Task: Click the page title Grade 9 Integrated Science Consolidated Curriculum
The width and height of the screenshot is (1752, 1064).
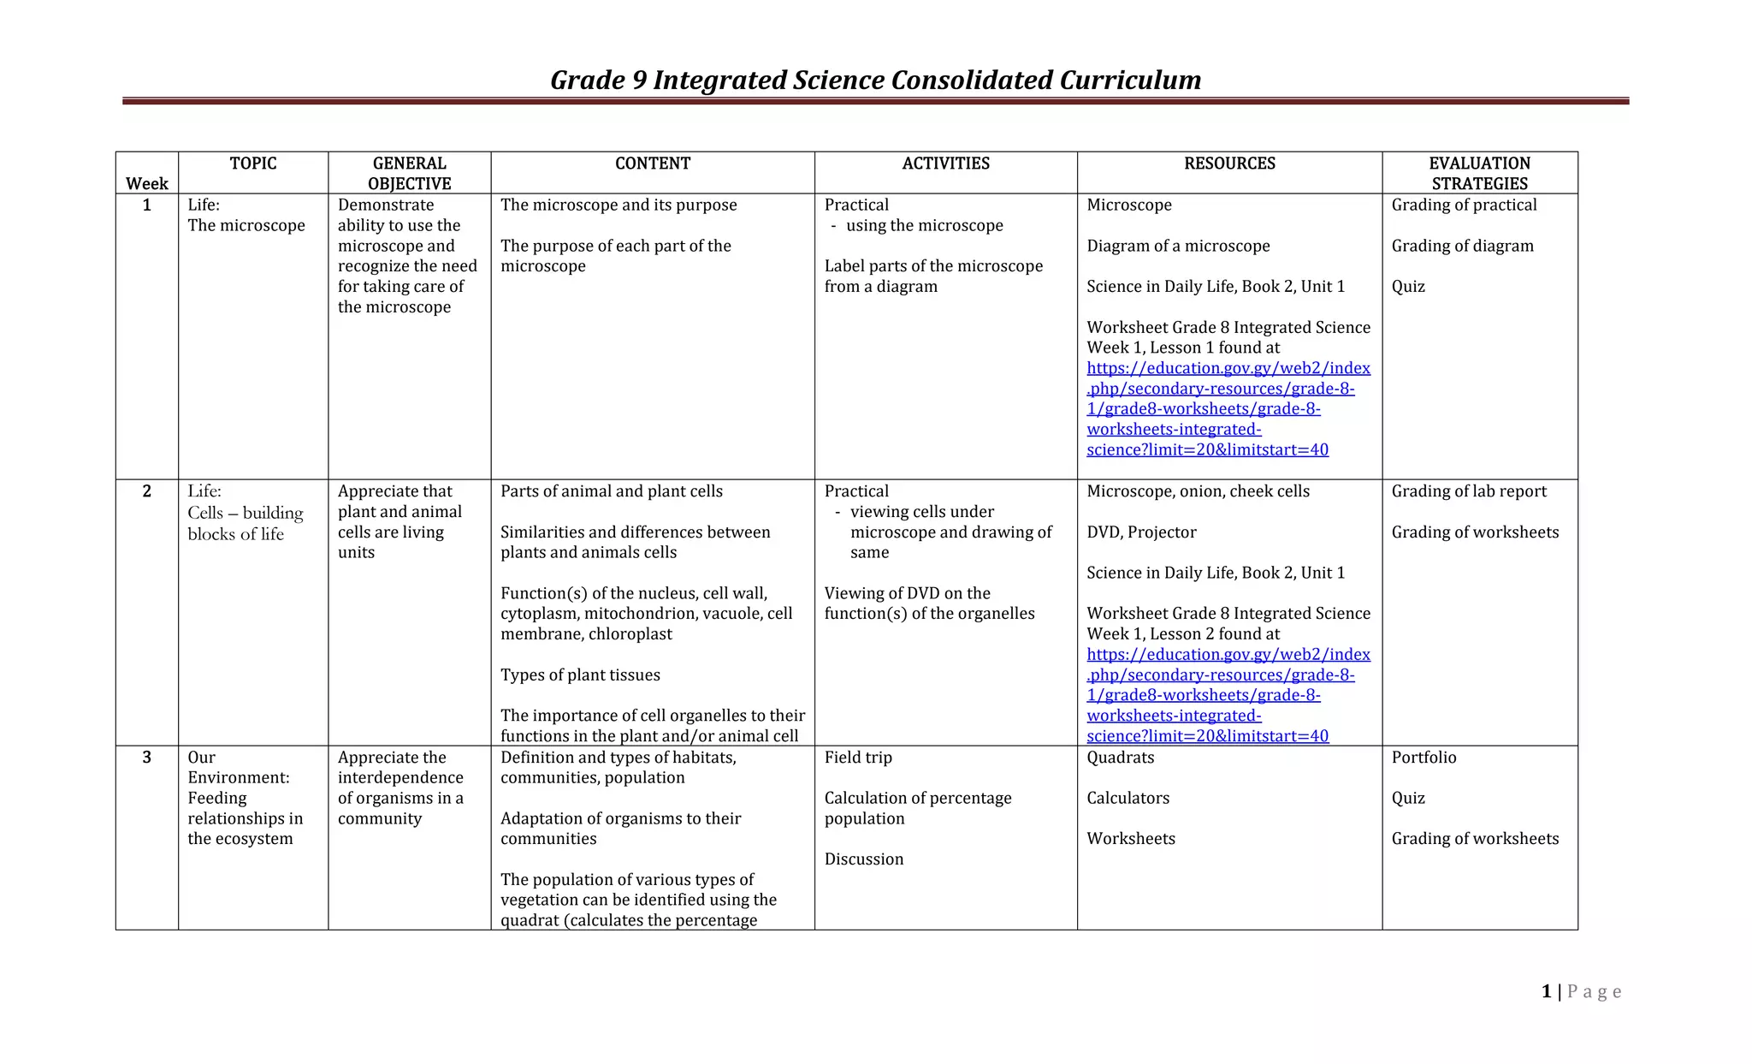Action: pyautogui.click(x=875, y=80)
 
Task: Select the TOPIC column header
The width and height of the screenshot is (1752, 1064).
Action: pyautogui.click(x=253, y=163)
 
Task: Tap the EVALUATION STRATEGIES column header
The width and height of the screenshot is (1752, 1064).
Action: pyautogui.click(x=1479, y=173)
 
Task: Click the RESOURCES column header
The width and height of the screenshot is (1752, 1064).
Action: pyautogui.click(x=1229, y=163)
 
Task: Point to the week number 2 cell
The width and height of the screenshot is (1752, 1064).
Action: pyautogui.click(x=147, y=491)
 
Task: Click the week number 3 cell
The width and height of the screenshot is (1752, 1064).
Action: pyautogui.click(x=147, y=758)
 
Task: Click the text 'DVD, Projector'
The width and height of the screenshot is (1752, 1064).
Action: pyautogui.click(x=1141, y=532)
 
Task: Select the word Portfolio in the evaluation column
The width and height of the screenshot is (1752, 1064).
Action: pyautogui.click(x=1423, y=758)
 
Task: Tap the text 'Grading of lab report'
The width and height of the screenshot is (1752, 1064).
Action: pyautogui.click(x=1469, y=491)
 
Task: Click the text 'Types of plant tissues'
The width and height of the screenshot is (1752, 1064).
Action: pyautogui.click(x=580, y=675)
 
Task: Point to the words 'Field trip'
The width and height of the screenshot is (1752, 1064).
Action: pyautogui.click(x=858, y=758)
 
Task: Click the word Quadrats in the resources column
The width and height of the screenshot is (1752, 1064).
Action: pyautogui.click(x=1120, y=758)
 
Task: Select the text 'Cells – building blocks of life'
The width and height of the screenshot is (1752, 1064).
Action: pyautogui.click(x=245, y=523)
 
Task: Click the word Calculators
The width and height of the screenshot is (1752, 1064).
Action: pyautogui.click(x=1128, y=799)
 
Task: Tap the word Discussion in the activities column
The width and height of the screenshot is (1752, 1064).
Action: pyautogui.click(x=864, y=859)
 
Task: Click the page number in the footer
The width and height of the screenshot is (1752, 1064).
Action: pyautogui.click(x=1546, y=992)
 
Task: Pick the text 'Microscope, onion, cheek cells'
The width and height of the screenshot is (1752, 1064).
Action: pyautogui.click(x=1198, y=491)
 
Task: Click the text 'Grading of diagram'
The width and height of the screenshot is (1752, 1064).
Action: pyautogui.click(x=1462, y=247)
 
